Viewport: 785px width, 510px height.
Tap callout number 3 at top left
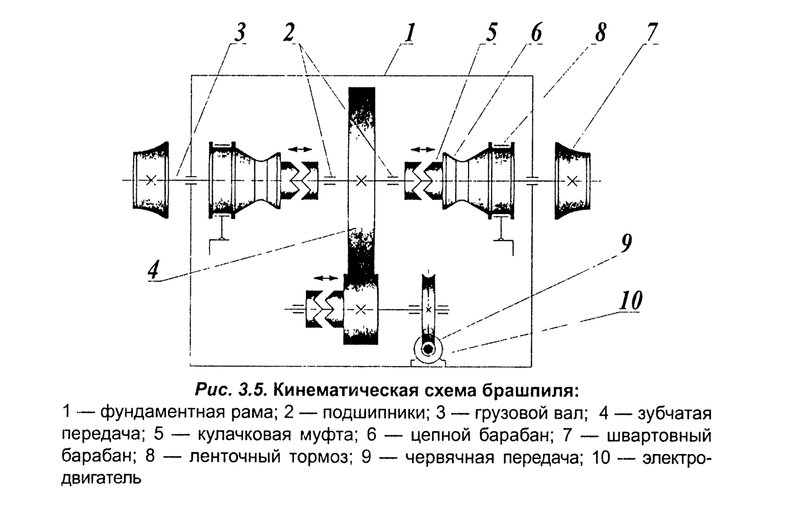(x=239, y=33)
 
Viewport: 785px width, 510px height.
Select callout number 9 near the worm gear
(x=626, y=242)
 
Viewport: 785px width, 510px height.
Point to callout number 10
(x=630, y=300)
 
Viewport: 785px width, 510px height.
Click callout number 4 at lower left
(x=154, y=269)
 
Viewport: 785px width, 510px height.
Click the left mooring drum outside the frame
(x=151, y=180)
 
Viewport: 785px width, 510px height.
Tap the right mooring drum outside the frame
(x=572, y=180)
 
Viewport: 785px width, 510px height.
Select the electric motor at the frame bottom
(x=428, y=349)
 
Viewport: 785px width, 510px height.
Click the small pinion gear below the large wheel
(x=361, y=309)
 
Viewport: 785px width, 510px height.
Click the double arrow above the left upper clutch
(x=300, y=148)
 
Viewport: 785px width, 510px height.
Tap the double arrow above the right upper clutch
(x=422, y=148)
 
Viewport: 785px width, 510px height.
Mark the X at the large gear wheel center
(x=361, y=181)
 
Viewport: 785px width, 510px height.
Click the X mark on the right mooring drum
(x=572, y=181)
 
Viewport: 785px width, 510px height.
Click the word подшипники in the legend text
(x=373, y=413)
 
